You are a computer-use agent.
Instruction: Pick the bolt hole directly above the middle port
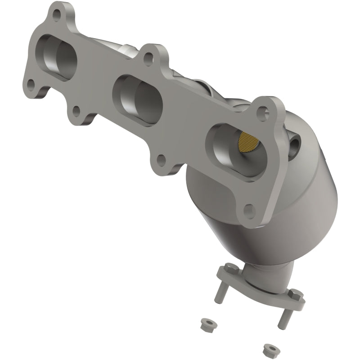point(147,57)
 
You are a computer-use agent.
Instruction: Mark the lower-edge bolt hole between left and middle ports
point(77,109)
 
